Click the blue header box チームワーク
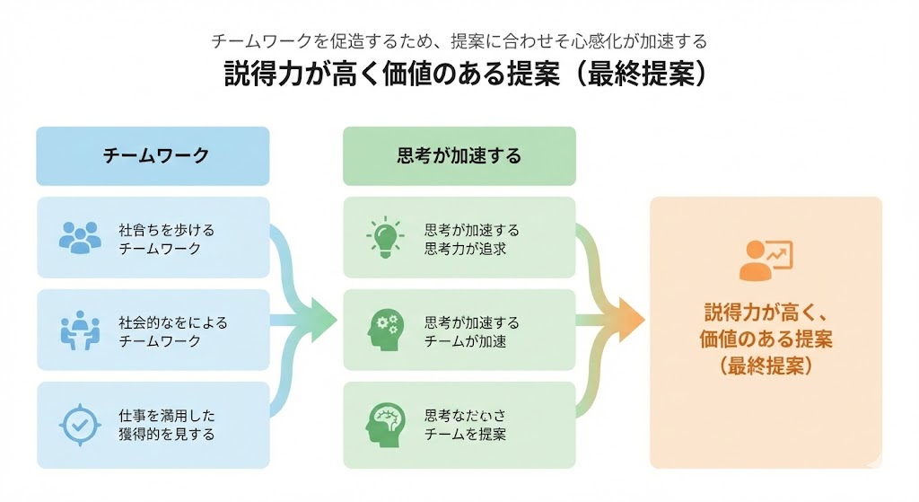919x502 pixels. click(x=153, y=155)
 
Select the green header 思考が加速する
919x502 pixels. click(x=459, y=155)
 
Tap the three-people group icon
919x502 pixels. click(x=80, y=237)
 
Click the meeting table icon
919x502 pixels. click(x=80, y=330)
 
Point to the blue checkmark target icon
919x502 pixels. click(x=80, y=425)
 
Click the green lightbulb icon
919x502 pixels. click(x=386, y=237)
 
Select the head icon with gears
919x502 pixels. click(x=386, y=330)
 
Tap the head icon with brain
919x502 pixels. click(x=386, y=425)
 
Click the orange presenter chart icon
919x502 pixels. click(x=766, y=259)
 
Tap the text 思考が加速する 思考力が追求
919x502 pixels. click(x=471, y=239)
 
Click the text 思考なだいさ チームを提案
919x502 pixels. click(x=465, y=425)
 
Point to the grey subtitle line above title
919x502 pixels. click(x=459, y=41)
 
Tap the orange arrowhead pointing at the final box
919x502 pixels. click(x=632, y=320)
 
